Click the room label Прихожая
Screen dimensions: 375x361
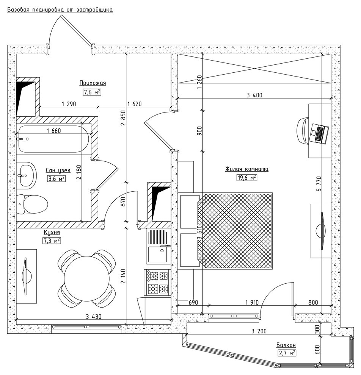tap(93, 83)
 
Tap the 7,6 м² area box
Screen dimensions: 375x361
tap(92, 92)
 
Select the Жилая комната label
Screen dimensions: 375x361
tap(246, 169)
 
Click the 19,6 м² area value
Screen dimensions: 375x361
tap(246, 178)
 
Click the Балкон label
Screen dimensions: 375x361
tap(286, 345)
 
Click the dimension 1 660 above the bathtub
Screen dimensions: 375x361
tap(53, 131)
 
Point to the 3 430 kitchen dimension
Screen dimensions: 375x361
tap(93, 317)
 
